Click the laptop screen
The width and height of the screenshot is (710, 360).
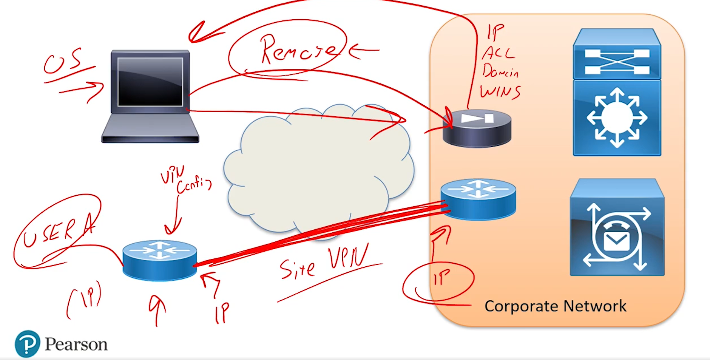tap(150, 82)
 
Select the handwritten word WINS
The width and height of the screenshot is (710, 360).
tap(500, 92)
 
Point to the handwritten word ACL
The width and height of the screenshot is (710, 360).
tap(498, 53)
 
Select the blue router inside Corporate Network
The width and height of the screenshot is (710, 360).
tap(478, 199)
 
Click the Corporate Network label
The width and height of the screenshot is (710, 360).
tap(555, 306)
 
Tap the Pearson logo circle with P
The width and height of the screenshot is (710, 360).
tap(27, 344)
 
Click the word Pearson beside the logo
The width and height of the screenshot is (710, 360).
tap(76, 344)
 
